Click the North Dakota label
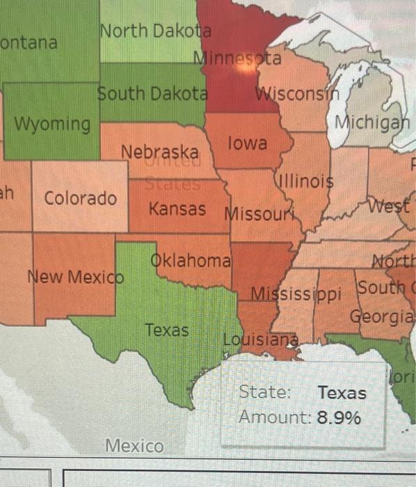point(154,31)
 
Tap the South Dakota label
point(152,93)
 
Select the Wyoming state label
point(53,125)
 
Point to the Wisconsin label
point(296,93)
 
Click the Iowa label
point(247,144)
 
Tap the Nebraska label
point(160,152)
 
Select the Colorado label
point(81,198)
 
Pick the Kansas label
point(177,208)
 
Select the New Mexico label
point(75,277)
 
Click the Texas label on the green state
point(166,330)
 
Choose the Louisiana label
point(261,340)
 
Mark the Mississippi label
point(296,293)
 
